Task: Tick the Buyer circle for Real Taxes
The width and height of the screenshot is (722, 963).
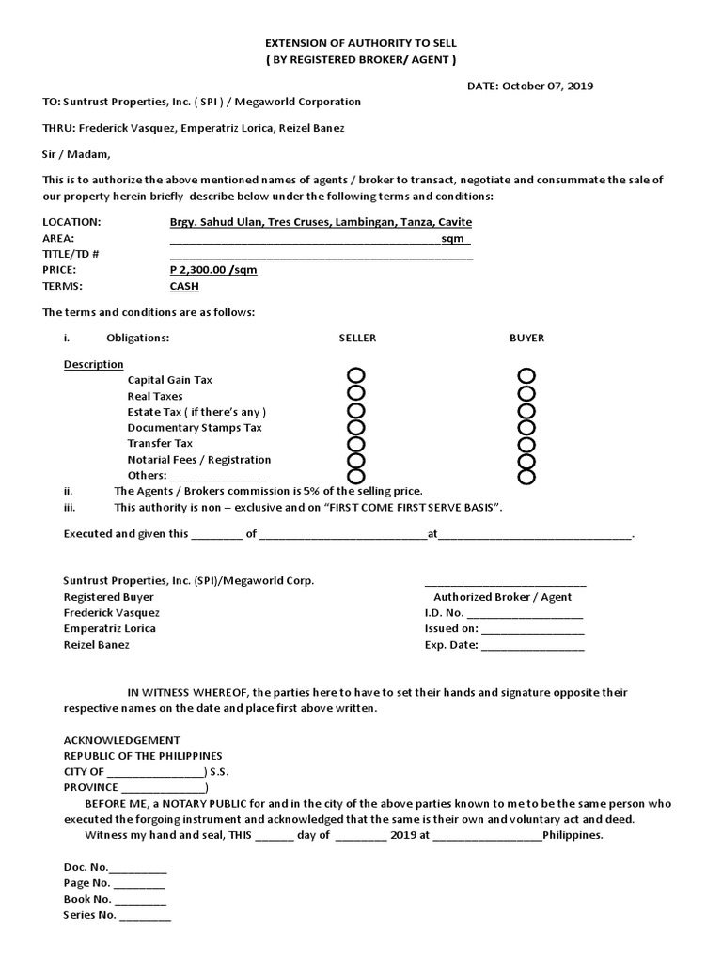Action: tap(526, 394)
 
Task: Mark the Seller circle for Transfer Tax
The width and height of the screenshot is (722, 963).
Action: tap(356, 444)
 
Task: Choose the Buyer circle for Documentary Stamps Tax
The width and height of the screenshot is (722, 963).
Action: tap(526, 428)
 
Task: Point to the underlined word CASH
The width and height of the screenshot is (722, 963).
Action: tap(184, 286)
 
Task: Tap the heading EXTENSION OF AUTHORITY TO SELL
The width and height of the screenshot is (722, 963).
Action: tap(360, 44)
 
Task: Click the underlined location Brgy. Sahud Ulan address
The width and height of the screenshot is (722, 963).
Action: tap(314, 222)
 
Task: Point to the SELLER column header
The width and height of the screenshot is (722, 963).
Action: tap(357, 338)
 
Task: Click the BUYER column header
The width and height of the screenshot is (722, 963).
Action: tap(526, 338)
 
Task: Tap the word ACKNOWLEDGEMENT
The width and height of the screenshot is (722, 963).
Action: tap(121, 740)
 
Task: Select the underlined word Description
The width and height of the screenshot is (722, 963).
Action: tap(93, 364)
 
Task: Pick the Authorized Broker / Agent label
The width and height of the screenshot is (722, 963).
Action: tap(502, 597)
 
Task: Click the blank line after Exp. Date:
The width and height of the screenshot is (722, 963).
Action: tap(532, 645)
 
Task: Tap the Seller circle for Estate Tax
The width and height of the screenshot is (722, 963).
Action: tap(356, 411)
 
